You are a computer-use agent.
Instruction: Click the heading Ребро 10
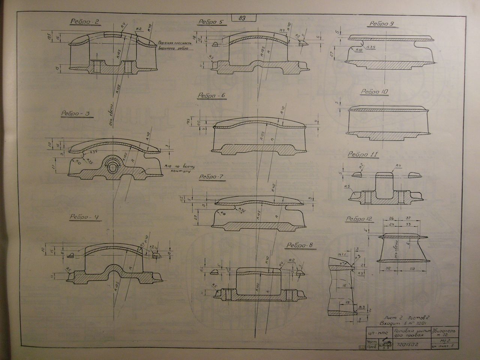coord(374,92)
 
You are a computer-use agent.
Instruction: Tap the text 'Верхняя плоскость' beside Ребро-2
coord(175,42)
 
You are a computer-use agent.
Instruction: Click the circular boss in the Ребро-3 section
coord(112,166)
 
